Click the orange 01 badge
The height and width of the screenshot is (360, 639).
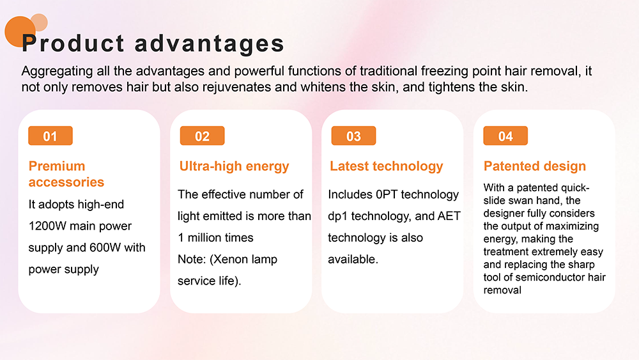(x=50, y=136)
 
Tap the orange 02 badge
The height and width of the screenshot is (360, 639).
(x=202, y=136)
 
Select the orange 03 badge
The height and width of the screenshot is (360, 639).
(x=354, y=136)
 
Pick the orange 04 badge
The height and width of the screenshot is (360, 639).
(x=505, y=136)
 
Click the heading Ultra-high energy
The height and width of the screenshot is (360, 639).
(x=235, y=166)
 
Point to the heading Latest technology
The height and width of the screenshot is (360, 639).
(x=387, y=166)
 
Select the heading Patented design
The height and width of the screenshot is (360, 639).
(x=535, y=166)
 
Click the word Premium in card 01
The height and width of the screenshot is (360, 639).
(x=57, y=166)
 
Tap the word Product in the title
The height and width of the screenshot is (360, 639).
(x=73, y=43)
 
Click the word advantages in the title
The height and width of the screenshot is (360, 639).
(x=210, y=44)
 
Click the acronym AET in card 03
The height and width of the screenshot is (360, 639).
(x=449, y=216)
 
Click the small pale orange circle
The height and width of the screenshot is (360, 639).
(x=39, y=22)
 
